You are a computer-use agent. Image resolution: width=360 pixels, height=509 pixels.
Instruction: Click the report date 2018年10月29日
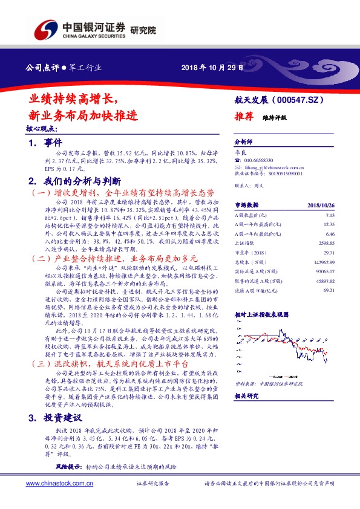[x=211, y=68]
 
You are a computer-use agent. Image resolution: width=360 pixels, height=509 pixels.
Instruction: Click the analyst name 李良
[x=239, y=154]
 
